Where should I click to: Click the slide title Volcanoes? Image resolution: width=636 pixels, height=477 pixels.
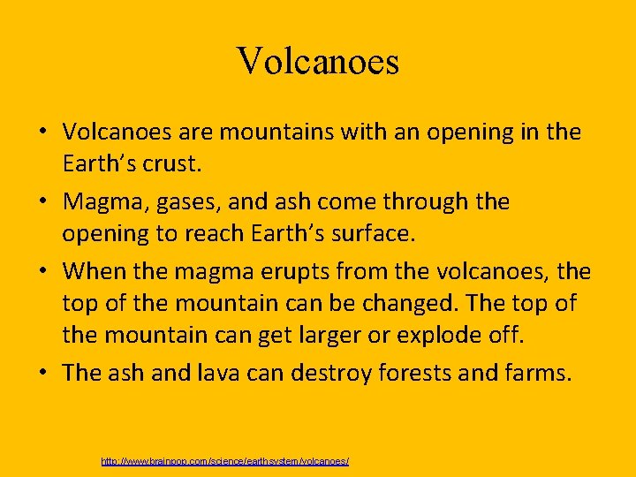point(318,62)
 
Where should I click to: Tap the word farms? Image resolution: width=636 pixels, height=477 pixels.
point(539,372)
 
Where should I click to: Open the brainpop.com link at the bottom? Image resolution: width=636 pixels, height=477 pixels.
point(225,462)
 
